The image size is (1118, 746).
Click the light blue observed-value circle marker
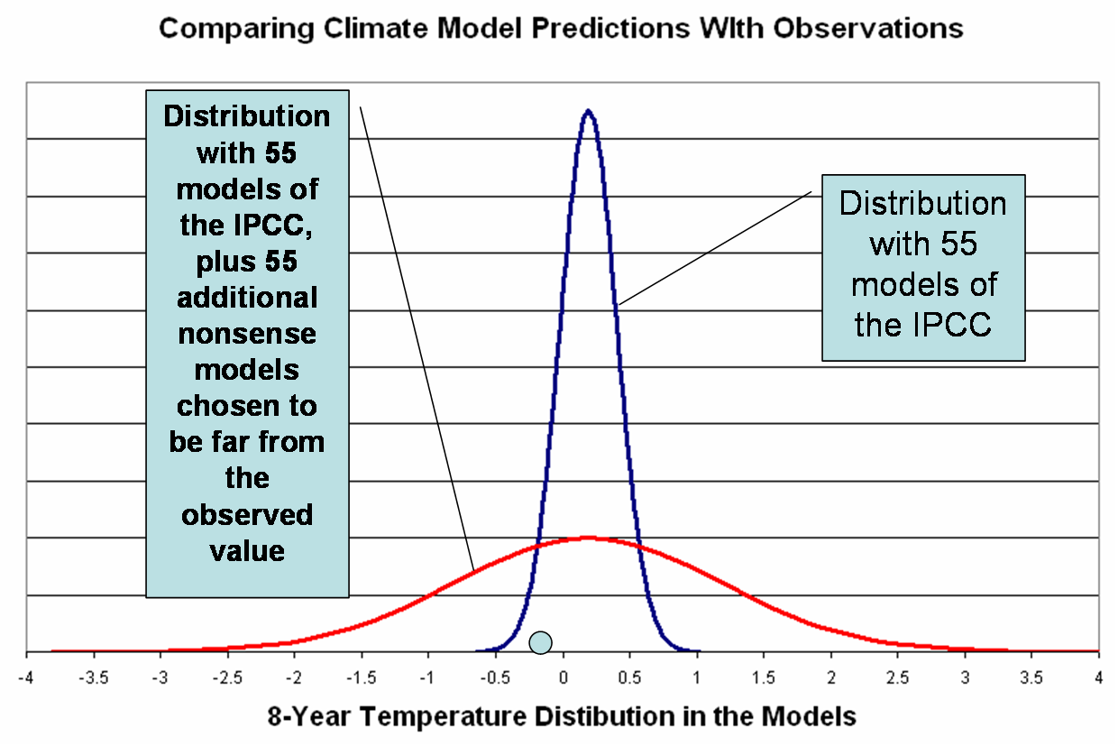[540, 641]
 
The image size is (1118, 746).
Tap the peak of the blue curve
[588, 111]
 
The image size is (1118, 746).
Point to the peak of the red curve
[588, 538]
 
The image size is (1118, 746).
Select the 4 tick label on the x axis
[1098, 676]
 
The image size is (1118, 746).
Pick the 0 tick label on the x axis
[564, 676]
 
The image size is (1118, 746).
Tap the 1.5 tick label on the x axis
[765, 676]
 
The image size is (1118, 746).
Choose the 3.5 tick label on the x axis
[1031, 676]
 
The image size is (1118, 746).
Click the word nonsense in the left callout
[247, 333]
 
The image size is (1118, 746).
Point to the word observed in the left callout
[247, 514]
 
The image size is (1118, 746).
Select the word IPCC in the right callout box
[957, 324]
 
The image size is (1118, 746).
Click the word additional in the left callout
[247, 297]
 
